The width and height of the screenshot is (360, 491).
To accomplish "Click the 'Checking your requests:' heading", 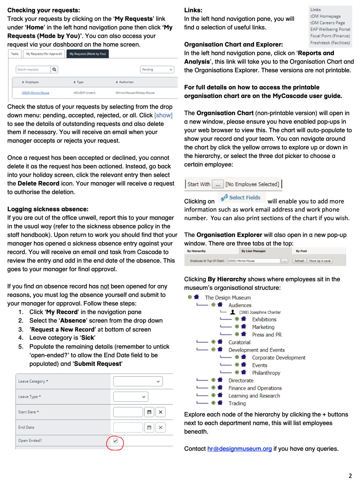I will (x=44, y=10).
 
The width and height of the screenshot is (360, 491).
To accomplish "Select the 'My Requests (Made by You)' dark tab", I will (x=88, y=54).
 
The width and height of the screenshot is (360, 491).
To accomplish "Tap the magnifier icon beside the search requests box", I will (x=54, y=69).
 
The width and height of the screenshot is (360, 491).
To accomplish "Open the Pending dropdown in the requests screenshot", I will (x=157, y=70).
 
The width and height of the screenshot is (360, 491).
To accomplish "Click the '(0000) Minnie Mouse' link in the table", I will (x=35, y=93).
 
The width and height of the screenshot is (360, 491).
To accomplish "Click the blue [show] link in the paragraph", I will (x=163, y=115).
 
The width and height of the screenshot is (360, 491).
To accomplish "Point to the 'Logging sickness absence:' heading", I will (x=48, y=209).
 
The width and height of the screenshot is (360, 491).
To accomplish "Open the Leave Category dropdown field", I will (x=138, y=381).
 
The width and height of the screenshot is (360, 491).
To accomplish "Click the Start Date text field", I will (x=128, y=412).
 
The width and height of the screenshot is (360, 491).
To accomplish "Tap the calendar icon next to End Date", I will (x=149, y=427).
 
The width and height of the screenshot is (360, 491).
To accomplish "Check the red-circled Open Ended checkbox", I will (x=116, y=441).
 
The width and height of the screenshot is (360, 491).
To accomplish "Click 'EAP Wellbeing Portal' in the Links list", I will (x=330, y=29).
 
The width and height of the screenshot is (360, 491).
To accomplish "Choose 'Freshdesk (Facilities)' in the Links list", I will (x=330, y=43).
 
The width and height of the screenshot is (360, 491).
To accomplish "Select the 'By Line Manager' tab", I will (x=253, y=251).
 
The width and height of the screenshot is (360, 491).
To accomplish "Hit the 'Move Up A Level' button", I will (x=320, y=261).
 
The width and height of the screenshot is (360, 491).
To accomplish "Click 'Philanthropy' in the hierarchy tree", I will (x=266, y=373).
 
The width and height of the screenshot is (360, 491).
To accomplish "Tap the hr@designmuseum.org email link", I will (x=239, y=449).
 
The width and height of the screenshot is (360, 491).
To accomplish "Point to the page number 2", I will (x=350, y=476).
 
